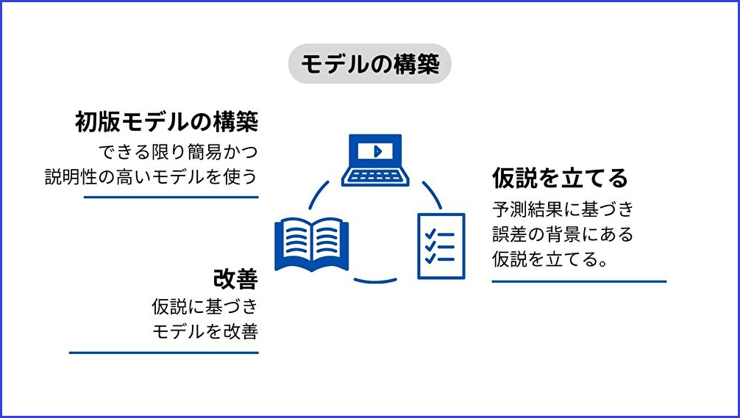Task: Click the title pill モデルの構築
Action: click(x=369, y=65)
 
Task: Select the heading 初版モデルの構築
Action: click(x=169, y=122)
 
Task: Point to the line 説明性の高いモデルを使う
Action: click(x=152, y=177)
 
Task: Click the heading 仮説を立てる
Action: click(x=560, y=178)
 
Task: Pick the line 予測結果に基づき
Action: click(x=563, y=209)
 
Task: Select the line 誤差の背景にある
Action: click(x=563, y=234)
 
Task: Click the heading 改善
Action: click(x=235, y=279)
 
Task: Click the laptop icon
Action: click(x=375, y=159)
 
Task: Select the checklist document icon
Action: click(x=441, y=245)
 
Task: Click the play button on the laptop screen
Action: click(x=376, y=151)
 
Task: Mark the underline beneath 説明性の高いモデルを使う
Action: click(x=171, y=197)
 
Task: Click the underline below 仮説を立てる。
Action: click(x=579, y=281)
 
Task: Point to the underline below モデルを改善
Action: click(x=164, y=353)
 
